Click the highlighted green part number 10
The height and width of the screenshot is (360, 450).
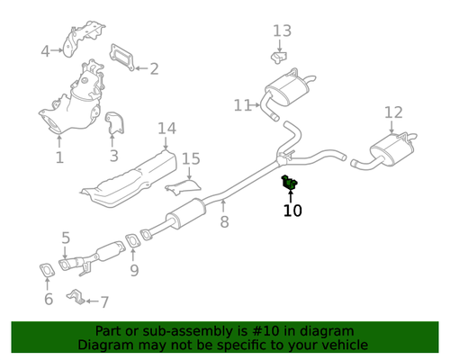point(289,183)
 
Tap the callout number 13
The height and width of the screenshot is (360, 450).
point(282,31)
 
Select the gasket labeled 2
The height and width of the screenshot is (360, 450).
point(121,58)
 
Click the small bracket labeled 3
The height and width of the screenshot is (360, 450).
point(114,123)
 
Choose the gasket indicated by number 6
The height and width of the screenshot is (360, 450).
point(48,270)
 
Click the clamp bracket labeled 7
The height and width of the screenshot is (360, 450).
point(76,296)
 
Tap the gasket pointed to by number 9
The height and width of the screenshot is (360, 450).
point(132,241)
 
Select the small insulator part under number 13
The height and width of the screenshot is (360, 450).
point(279,58)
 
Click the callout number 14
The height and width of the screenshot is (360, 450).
point(166,129)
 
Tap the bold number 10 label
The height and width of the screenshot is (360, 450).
point(292,211)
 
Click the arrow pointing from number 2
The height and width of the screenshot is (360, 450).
point(141,68)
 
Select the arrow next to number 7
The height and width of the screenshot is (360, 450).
point(93,301)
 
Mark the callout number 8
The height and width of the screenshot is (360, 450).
point(224,222)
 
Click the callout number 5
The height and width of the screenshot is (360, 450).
point(66,238)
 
